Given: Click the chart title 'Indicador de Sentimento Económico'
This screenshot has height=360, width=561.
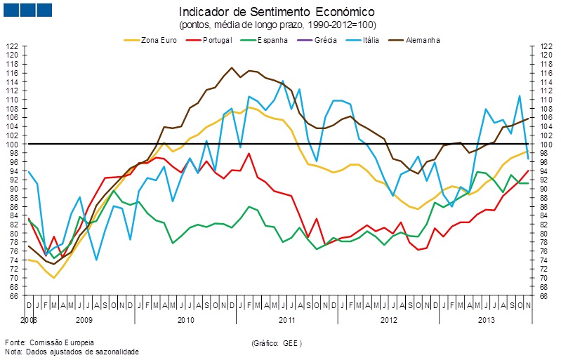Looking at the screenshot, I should [x=277, y=12].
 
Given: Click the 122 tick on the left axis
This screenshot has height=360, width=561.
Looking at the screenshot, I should [x=12, y=46].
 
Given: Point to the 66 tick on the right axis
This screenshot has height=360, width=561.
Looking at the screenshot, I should [x=543, y=295].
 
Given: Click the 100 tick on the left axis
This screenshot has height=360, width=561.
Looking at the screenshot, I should [x=12, y=144].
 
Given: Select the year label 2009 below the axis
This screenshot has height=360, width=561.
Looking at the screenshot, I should [x=84, y=320].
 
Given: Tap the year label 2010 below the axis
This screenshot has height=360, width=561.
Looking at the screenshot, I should [x=185, y=320].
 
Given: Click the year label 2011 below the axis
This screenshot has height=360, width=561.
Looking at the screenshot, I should [x=287, y=320].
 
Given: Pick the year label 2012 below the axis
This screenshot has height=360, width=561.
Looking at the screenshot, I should [x=388, y=320].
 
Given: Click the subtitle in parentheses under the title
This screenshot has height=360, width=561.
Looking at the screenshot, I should [x=277, y=25].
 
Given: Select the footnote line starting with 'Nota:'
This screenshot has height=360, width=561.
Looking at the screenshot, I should [x=72, y=352].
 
